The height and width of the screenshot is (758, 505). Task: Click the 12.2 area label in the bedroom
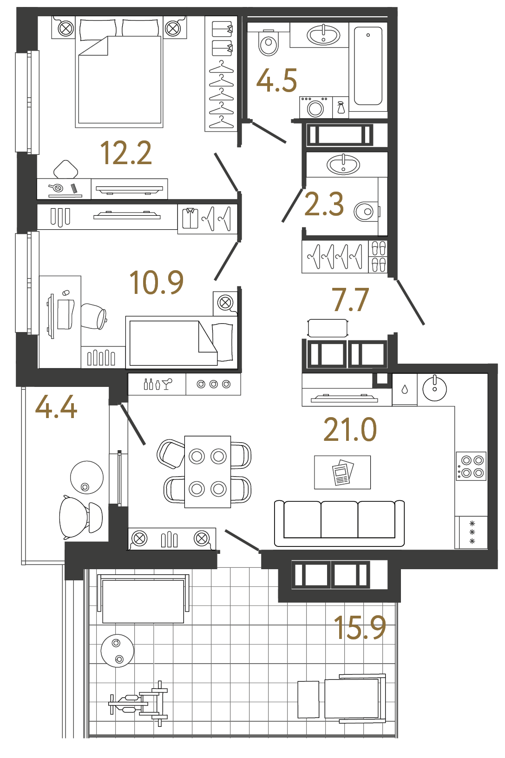click(x=126, y=153)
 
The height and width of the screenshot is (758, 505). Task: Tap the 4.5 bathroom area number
click(x=276, y=80)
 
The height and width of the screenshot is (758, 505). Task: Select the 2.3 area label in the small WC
click(x=324, y=204)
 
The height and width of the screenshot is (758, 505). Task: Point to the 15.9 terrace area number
click(x=360, y=628)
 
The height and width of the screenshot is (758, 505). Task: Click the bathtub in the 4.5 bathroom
click(x=368, y=66)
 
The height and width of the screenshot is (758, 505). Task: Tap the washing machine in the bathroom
click(x=315, y=108)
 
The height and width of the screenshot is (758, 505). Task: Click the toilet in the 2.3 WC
click(x=366, y=212)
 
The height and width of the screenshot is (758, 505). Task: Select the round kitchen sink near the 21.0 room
click(x=434, y=388)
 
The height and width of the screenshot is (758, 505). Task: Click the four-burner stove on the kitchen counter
click(x=471, y=466)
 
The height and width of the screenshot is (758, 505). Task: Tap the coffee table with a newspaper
click(x=342, y=472)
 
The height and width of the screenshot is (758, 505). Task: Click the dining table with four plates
click(x=208, y=472)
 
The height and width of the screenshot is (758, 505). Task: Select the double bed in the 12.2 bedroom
click(x=119, y=74)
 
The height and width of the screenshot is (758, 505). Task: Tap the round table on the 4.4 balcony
click(x=87, y=477)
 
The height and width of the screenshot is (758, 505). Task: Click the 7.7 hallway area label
click(x=350, y=300)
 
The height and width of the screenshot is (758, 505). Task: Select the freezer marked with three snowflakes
click(x=472, y=532)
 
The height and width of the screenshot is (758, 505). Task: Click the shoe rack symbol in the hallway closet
click(x=379, y=256)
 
